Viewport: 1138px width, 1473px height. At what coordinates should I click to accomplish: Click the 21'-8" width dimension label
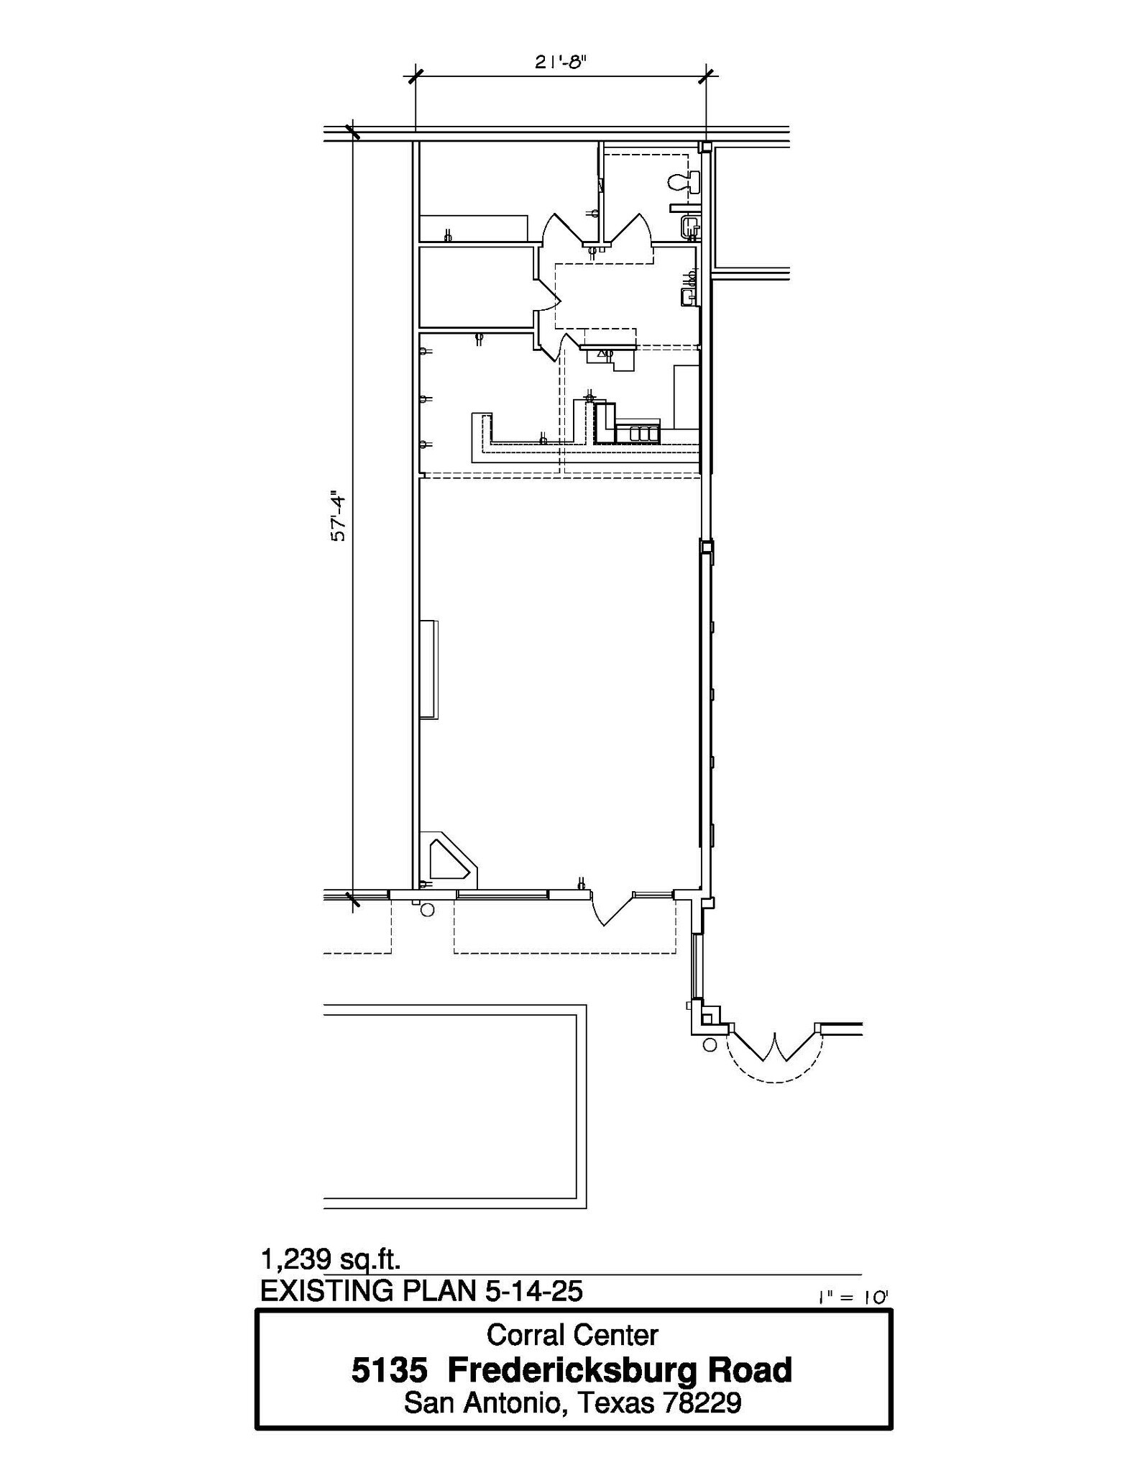pos(561,62)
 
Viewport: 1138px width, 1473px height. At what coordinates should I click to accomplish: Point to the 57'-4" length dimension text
pos(339,517)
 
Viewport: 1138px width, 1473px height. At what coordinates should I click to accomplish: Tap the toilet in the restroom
pos(683,182)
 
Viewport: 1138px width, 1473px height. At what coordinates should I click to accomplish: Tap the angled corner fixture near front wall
pos(449,859)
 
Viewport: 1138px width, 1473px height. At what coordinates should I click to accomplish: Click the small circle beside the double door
pos(710,1045)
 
